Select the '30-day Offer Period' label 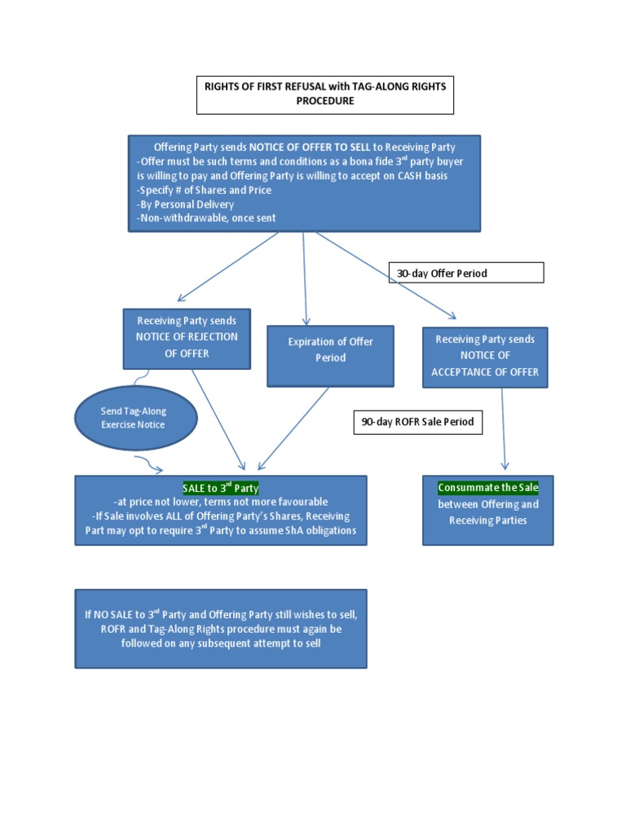point(465,273)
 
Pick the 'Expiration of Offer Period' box point(330,356)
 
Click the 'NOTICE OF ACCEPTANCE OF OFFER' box point(485,357)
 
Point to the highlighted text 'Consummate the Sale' point(487,487)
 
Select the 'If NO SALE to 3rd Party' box point(220,628)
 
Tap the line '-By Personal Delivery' point(186,204)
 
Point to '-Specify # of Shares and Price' point(204,190)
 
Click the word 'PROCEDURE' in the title point(324,102)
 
